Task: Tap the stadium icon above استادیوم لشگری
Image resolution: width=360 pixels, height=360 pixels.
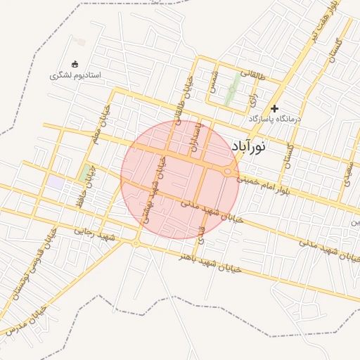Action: [x=75, y=64]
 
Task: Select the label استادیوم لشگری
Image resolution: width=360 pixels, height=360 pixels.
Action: [x=76, y=75]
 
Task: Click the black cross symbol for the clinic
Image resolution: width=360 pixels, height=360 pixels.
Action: [x=274, y=108]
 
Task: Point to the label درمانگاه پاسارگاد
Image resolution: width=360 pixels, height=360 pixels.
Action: [x=274, y=119]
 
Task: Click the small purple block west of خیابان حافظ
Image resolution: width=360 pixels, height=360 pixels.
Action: [x=56, y=181]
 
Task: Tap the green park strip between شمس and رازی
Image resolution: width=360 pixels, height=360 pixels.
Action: [x=231, y=91]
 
